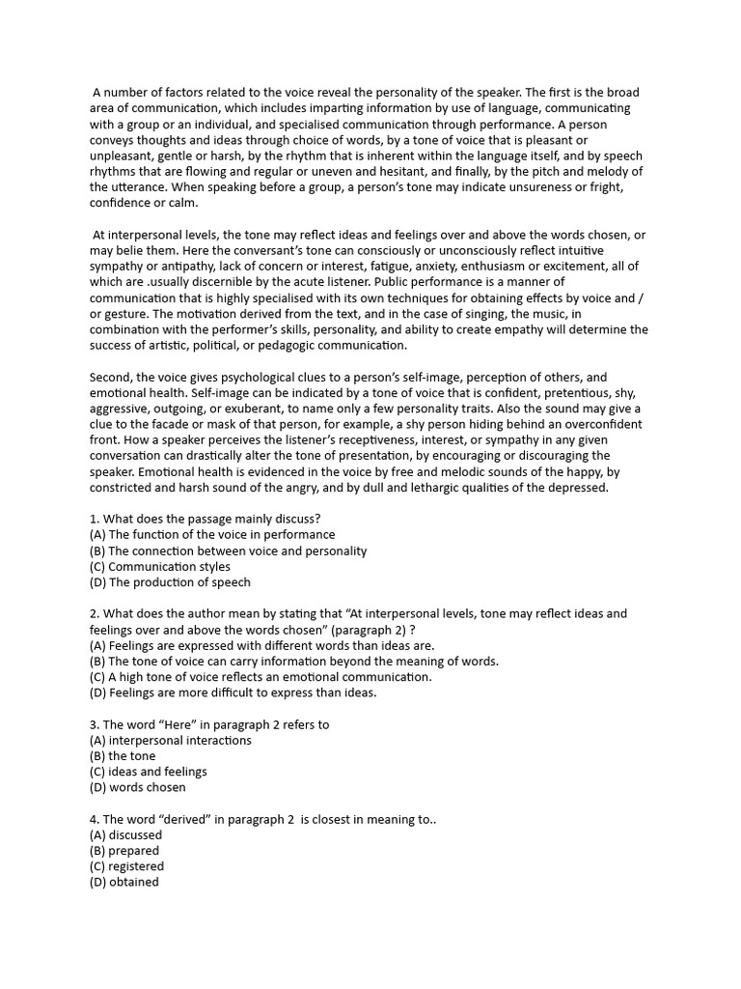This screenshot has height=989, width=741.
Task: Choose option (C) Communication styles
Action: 159,567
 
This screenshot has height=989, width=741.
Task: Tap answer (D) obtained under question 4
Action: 124,882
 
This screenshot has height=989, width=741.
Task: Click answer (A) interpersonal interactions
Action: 170,740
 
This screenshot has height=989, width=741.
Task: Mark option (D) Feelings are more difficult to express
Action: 232,692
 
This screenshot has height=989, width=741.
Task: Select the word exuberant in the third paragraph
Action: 248,409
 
